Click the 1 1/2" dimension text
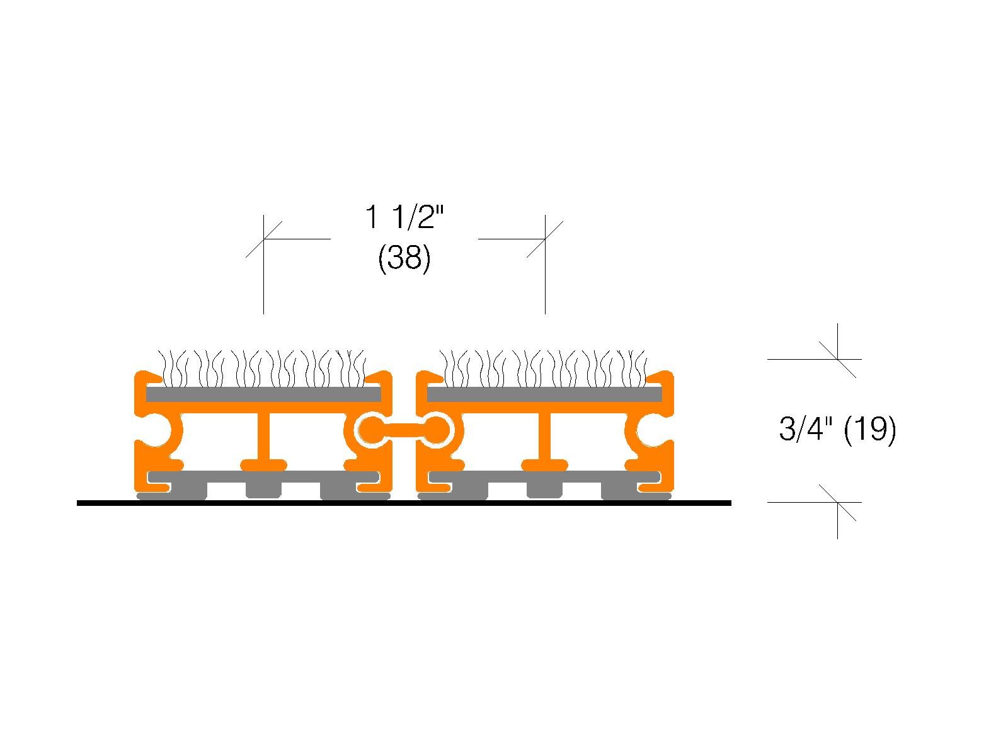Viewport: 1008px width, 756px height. pyautogui.click(x=404, y=217)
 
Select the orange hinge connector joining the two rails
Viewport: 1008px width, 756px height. pyautogui.click(x=404, y=431)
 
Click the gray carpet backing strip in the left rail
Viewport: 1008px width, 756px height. pyautogui.click(x=263, y=394)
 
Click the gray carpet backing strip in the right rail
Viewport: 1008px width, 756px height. pyautogui.click(x=545, y=394)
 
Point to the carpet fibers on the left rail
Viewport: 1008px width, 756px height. pyautogui.click(x=261, y=369)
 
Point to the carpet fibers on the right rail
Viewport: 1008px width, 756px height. pyautogui.click(x=543, y=369)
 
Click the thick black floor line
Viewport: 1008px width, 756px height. pyautogui.click(x=404, y=503)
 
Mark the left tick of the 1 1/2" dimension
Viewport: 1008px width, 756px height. pyautogui.click(x=263, y=239)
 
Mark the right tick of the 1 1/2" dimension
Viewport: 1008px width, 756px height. pyautogui.click(x=545, y=239)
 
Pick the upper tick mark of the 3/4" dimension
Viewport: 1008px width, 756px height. pyautogui.click(x=838, y=359)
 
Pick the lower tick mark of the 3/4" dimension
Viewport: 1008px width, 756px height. pyautogui.click(x=838, y=503)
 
